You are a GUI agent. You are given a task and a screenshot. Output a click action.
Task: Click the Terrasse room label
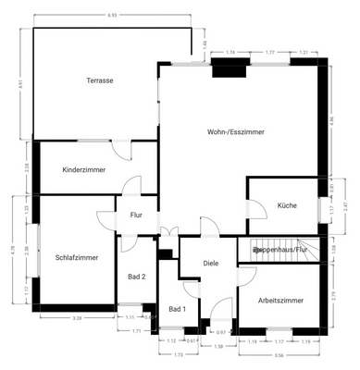click(100, 81)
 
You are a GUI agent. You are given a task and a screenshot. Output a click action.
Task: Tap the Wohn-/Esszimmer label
click(235, 132)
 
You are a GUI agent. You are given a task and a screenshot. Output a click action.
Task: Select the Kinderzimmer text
click(83, 170)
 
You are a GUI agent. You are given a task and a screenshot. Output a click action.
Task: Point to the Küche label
click(287, 205)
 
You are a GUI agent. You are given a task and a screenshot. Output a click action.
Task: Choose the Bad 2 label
click(136, 277)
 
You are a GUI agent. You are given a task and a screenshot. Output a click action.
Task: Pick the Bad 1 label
click(177, 309)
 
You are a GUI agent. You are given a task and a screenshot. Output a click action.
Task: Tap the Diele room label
click(210, 264)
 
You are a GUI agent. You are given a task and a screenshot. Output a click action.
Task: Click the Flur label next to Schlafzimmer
click(135, 216)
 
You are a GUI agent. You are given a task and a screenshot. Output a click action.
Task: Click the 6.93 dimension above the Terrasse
click(112, 16)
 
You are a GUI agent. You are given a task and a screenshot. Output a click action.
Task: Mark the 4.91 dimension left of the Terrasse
click(19, 84)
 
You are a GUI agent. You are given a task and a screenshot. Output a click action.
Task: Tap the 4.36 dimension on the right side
click(330, 121)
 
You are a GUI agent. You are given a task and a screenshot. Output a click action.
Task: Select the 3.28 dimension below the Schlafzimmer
click(78, 318)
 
